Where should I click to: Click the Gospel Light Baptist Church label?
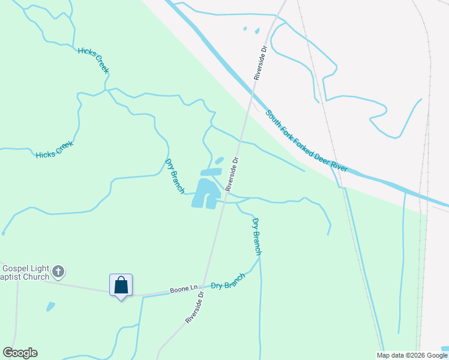tap(24, 273)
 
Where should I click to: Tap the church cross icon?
tap(58, 272)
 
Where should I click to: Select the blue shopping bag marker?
tap(121, 286)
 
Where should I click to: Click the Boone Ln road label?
tap(184, 289)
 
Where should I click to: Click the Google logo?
tap(20, 353)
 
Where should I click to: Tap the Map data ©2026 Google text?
tap(412, 355)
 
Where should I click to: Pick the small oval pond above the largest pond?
tap(219, 161)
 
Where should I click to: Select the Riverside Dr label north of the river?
tap(259, 62)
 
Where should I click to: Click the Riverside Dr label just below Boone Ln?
tap(195, 308)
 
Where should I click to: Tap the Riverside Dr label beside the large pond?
tap(232, 174)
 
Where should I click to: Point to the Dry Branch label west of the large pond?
tap(175, 176)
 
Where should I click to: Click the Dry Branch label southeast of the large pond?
tap(256, 236)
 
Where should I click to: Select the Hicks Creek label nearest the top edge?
tap(94, 60)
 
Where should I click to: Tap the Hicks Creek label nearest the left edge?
tap(54, 150)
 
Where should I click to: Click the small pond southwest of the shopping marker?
tap(50, 307)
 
